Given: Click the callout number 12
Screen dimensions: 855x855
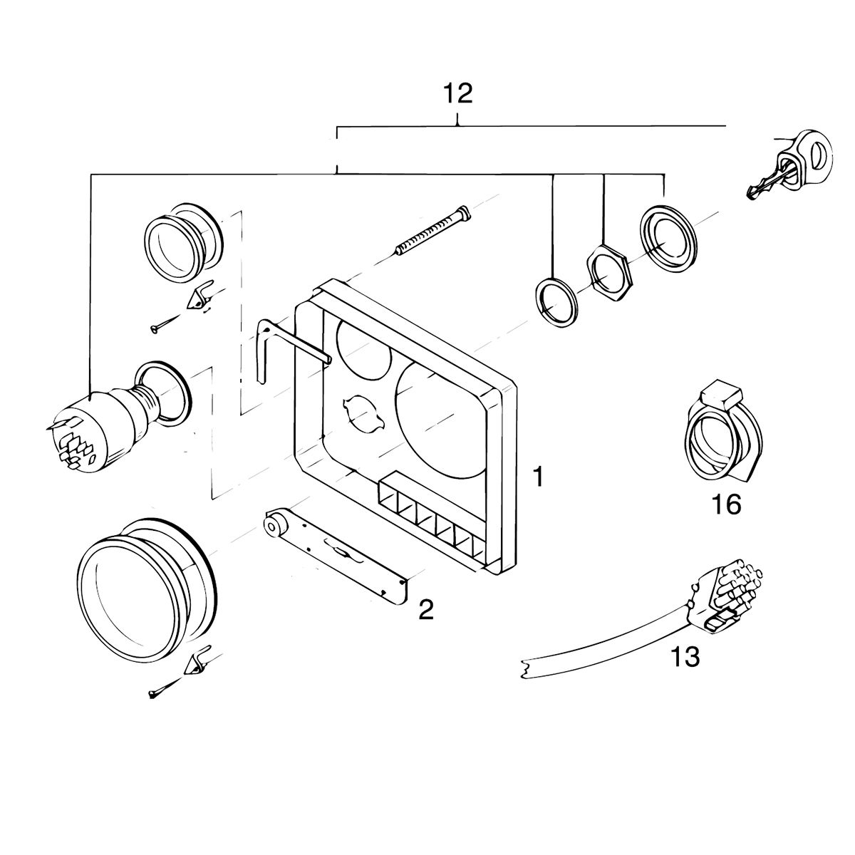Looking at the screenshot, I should click(x=457, y=93).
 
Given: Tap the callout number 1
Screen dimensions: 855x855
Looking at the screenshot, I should click(x=539, y=476).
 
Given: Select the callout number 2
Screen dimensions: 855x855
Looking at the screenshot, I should click(x=425, y=609).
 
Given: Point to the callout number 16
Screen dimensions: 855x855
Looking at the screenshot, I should click(x=727, y=504).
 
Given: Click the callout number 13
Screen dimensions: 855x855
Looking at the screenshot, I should click(x=685, y=656).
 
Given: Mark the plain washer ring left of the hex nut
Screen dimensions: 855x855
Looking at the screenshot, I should click(x=556, y=300).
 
